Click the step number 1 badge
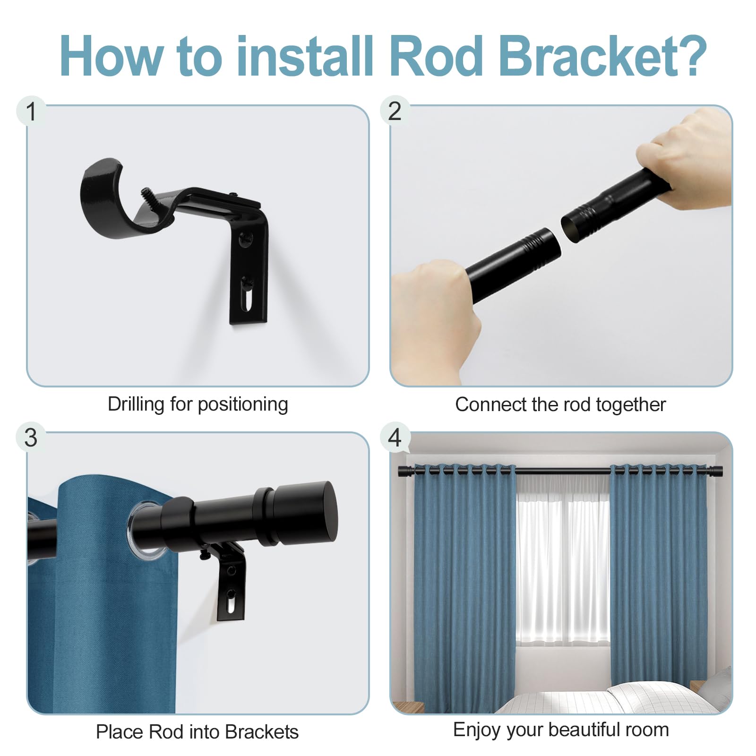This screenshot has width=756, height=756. (31, 112)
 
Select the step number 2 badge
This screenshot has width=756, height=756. (395, 111)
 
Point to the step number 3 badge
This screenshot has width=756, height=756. (31, 438)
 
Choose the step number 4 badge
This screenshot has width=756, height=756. (395, 437)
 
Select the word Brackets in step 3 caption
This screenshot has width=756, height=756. (262, 732)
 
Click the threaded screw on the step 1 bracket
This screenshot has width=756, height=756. (146, 196)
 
